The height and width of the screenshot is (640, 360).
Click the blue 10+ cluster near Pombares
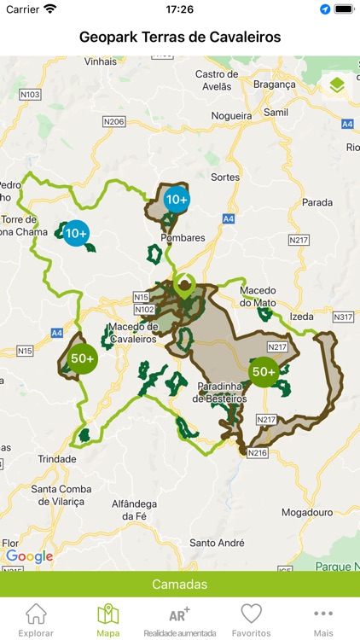pos(177,200)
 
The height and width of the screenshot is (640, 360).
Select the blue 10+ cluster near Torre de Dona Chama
pos(76,233)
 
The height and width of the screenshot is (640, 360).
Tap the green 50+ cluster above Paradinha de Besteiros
pos(263,371)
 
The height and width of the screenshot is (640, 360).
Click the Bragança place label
pos(268,84)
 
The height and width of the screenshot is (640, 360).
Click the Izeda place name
pos(301,317)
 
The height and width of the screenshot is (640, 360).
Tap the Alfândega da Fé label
pos(135,509)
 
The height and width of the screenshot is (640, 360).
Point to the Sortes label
pos(224,177)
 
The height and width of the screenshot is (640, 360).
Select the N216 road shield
pos(257,453)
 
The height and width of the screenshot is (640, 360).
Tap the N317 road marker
pos(342,317)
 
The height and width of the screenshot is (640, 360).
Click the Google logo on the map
pos(29,556)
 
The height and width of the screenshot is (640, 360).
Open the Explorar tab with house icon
pos(36,620)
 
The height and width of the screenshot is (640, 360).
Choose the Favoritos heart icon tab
pos(251,620)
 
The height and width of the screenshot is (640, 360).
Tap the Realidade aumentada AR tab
pos(179,620)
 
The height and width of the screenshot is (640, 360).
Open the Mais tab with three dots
pos(322,620)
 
